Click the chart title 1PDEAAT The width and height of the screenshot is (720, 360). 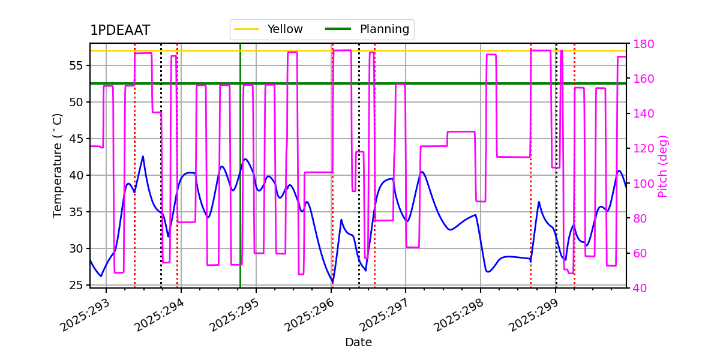click(120, 31)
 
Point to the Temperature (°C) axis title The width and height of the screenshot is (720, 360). click(58, 165)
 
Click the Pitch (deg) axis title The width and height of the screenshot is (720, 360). click(663, 166)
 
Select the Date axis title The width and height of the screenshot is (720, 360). click(358, 343)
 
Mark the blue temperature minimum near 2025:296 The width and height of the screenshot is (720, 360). click(332, 282)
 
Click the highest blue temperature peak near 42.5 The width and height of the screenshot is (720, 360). click(143, 157)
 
